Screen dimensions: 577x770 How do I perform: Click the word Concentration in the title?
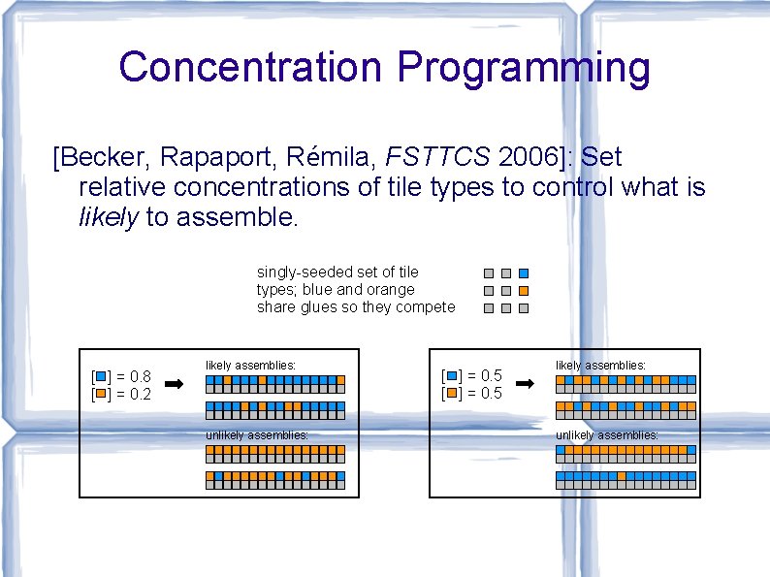click(x=250, y=68)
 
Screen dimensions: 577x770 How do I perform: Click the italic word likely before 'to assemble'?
click(x=109, y=217)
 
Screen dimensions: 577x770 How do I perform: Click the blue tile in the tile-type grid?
click(x=524, y=273)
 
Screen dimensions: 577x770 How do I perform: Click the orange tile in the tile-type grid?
click(x=524, y=291)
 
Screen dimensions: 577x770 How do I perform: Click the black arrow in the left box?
click(x=175, y=384)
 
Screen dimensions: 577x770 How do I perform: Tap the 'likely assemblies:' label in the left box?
click(x=250, y=366)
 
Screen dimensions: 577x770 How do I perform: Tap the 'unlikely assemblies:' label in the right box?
click(x=607, y=435)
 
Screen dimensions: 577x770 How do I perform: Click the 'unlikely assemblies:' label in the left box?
click(x=257, y=435)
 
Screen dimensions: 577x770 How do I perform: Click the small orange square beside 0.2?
click(x=100, y=393)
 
